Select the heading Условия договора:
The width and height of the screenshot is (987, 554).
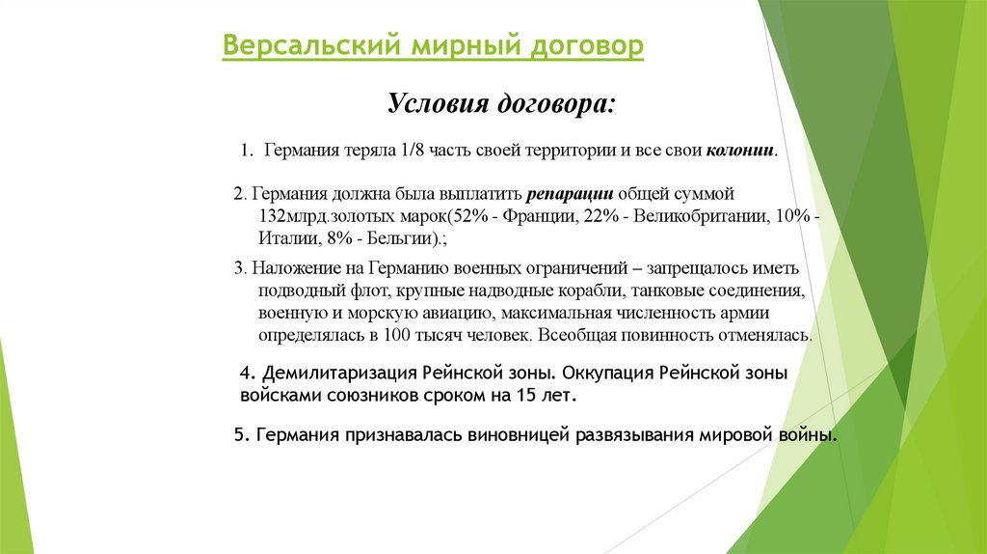point(498,103)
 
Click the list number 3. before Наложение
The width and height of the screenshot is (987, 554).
point(241,268)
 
